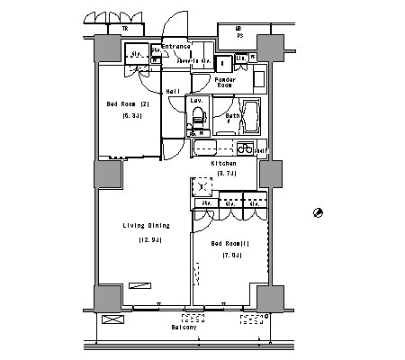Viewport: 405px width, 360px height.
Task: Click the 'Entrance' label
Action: [x=176, y=46]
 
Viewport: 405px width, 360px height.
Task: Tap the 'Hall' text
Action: [x=173, y=91]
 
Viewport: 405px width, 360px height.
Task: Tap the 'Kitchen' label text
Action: [x=223, y=163]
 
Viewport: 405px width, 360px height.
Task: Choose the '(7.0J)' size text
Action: [x=231, y=256]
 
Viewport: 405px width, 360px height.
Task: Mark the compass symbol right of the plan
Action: [x=317, y=211]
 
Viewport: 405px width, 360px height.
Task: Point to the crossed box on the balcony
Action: [x=112, y=319]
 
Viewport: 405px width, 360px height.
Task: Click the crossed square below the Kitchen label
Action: [x=200, y=186]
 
